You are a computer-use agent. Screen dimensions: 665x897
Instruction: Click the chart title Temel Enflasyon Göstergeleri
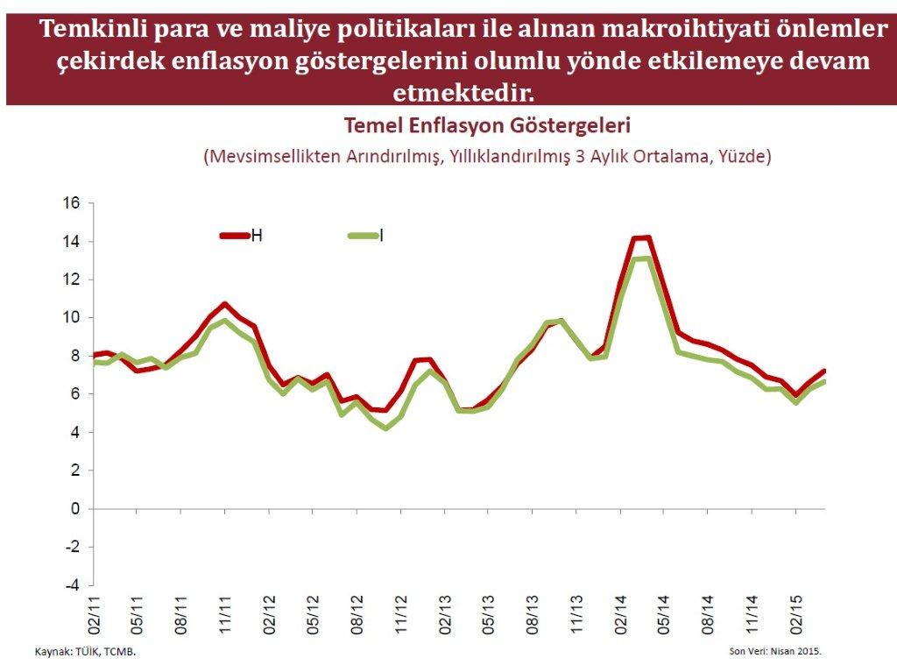(487, 125)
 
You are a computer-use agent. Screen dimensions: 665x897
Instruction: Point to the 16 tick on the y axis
(71, 203)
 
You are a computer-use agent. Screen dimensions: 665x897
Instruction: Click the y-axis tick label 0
(76, 509)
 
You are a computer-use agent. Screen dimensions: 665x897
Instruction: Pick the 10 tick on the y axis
(71, 318)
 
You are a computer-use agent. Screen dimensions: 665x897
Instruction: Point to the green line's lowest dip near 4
(386, 428)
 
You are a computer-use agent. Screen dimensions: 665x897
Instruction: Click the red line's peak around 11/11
(225, 304)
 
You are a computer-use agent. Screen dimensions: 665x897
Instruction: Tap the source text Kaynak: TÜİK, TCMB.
(86, 652)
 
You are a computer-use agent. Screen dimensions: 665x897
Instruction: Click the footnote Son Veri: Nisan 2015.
(775, 652)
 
